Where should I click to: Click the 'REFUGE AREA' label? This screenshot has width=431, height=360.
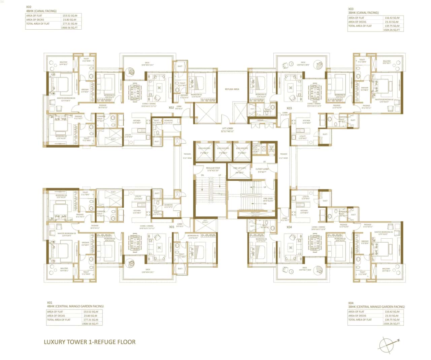[x=232, y=89]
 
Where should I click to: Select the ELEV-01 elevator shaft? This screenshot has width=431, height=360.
[x=204, y=151]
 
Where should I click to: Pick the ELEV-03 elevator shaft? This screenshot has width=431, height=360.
[x=242, y=151]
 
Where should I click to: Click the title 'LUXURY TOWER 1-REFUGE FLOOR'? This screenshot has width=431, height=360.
[x=90, y=342]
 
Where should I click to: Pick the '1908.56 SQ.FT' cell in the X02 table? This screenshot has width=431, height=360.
[x=70, y=28]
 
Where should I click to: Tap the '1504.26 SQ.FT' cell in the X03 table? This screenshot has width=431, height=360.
[x=392, y=30]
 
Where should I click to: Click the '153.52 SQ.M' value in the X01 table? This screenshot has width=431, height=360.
[x=91, y=312]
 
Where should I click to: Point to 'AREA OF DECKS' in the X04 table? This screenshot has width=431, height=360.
[x=357, y=316]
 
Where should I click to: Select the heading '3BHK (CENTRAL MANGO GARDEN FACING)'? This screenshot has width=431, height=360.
[x=376, y=307]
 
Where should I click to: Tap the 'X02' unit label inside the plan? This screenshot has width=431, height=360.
[x=171, y=108]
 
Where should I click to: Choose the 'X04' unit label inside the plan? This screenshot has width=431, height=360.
[x=289, y=227]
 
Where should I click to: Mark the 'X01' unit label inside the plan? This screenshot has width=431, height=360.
[x=171, y=227]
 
